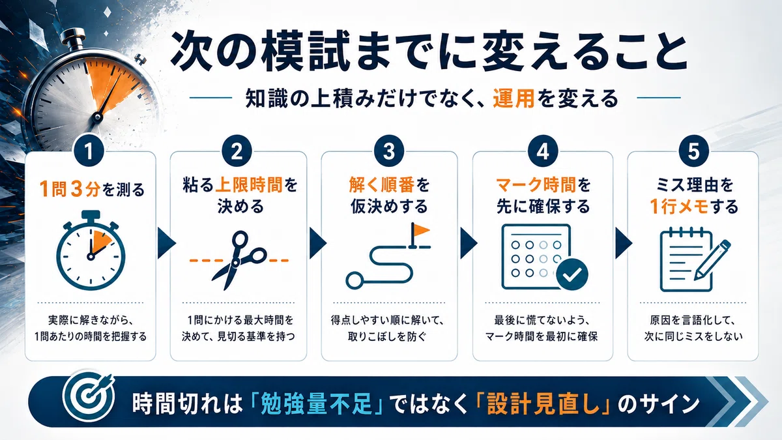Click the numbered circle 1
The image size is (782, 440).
point(89,151)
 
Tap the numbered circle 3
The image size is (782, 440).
point(389,151)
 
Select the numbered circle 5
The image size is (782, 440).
point(693,151)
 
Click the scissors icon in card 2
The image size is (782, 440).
point(239,260)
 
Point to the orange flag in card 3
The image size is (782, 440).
point(420,230)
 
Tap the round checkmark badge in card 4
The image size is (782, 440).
point(572,274)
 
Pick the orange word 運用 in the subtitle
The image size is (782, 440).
point(514,98)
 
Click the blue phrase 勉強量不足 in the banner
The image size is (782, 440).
point(316,403)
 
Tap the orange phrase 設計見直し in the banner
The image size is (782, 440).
point(542,403)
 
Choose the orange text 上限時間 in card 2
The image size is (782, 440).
point(248,184)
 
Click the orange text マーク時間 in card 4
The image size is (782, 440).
point(536,184)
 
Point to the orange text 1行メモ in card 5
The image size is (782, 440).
point(679,207)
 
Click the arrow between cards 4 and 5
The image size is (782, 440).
point(622,243)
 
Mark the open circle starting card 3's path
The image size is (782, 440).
point(354,280)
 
